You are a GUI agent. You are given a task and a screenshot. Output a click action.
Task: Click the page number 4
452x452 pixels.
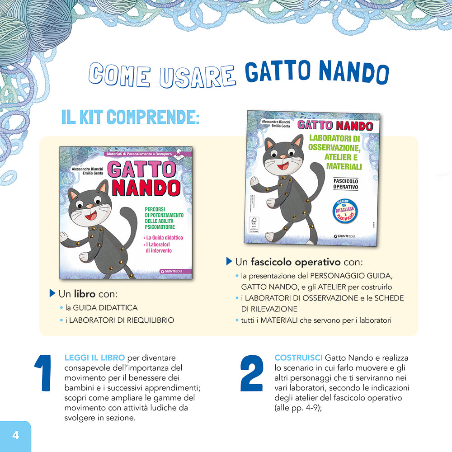point(15,436)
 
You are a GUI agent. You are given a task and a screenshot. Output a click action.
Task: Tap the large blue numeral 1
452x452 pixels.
point(44,373)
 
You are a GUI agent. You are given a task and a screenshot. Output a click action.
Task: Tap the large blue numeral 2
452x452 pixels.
point(251,373)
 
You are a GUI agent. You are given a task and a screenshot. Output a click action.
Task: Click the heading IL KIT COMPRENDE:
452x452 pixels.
point(130,117)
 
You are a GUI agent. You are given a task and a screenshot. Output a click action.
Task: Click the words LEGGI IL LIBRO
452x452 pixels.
point(94,358)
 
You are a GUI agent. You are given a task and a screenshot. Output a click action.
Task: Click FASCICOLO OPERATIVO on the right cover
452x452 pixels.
point(346,183)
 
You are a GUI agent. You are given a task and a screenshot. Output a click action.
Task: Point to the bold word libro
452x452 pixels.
point(85,294)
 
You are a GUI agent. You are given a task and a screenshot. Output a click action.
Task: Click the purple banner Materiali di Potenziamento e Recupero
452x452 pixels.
point(139,154)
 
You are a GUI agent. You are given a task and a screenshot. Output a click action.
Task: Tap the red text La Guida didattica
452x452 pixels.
point(163,238)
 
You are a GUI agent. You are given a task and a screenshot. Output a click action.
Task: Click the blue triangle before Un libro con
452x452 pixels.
point(52,294)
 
